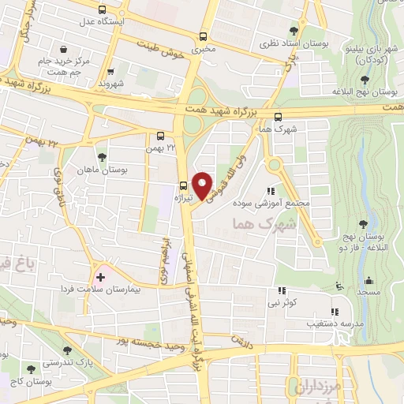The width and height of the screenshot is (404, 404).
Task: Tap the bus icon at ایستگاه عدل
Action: click(x=102, y=9)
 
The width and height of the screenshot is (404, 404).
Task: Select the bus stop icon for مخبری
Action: click(x=204, y=36)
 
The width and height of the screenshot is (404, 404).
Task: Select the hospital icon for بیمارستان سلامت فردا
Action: click(x=100, y=277)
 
